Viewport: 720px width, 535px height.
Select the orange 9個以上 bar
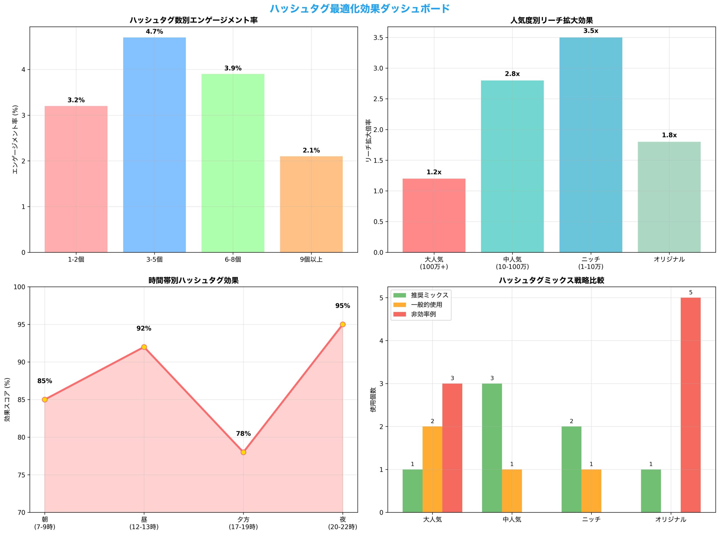[311, 204]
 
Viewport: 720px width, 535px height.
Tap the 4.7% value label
[154, 32]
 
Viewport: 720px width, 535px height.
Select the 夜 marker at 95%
[343, 325]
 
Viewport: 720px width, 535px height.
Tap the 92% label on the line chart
[144, 328]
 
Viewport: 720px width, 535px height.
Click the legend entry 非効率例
[423, 314]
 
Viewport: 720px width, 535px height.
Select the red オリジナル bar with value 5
[690, 405]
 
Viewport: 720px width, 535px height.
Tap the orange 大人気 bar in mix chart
[432, 469]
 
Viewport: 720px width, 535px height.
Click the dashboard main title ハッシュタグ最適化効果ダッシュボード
[360, 8]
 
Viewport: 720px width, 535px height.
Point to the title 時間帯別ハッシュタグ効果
[193, 280]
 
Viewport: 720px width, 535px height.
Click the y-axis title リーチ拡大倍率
[368, 141]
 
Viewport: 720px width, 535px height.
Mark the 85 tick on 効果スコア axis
[22, 400]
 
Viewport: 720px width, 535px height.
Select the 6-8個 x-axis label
[233, 259]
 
